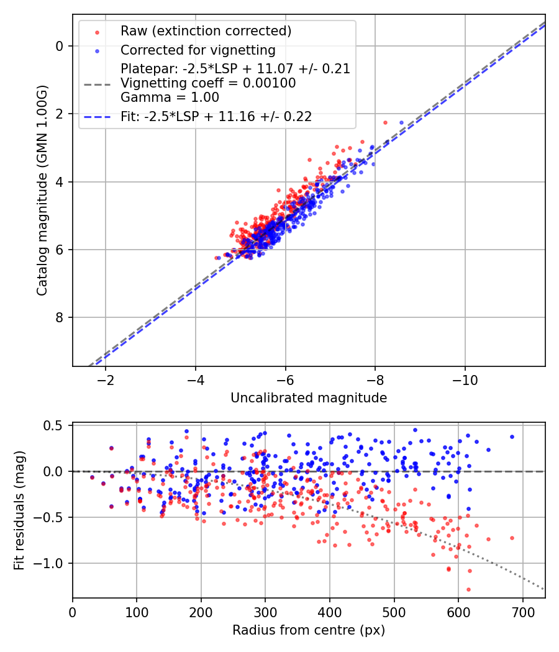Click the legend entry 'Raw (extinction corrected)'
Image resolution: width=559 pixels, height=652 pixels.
[x=206, y=31]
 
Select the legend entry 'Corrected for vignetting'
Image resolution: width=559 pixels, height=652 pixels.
[x=198, y=50]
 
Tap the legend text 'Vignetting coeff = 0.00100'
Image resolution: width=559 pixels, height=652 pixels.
[x=208, y=83]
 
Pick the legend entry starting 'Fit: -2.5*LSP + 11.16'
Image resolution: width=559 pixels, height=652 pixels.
[x=216, y=116]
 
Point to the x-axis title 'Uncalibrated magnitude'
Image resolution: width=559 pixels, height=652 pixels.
[x=309, y=398]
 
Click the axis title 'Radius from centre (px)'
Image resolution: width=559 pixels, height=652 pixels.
[x=309, y=630]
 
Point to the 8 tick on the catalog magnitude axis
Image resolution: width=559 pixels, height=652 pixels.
[x=60, y=318]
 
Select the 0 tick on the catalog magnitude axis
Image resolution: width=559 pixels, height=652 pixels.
[x=60, y=46]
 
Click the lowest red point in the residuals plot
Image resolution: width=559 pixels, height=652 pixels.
[x=468, y=589]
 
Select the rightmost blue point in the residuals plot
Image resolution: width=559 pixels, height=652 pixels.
[x=512, y=437]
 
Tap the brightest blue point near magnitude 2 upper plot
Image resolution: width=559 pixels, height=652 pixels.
[x=401, y=123]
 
